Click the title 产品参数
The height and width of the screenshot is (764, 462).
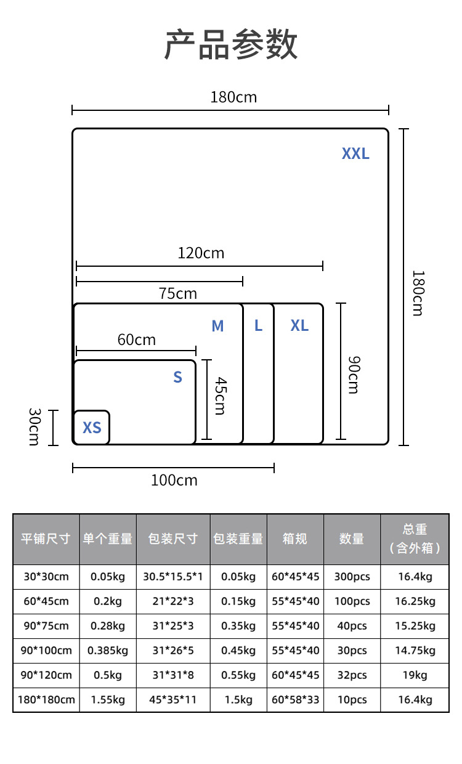(231, 44)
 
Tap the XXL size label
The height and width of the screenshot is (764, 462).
(355, 153)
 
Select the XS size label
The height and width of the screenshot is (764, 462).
(92, 427)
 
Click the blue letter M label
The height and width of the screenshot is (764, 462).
(217, 326)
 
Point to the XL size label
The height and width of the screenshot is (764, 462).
(299, 325)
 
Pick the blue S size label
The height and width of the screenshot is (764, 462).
(177, 377)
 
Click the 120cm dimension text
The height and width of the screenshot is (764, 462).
(201, 253)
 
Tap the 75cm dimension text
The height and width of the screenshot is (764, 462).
(177, 293)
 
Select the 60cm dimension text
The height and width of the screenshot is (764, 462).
(136, 339)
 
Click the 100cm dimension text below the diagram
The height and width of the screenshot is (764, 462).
(174, 480)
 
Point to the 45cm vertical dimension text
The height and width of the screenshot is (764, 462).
(219, 396)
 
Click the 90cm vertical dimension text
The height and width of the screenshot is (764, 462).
(352, 374)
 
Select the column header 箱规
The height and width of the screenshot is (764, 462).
(295, 538)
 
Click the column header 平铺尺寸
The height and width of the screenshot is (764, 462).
(46, 538)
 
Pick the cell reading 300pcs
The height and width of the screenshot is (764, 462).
(352, 577)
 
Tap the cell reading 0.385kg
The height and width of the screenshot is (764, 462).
(108, 650)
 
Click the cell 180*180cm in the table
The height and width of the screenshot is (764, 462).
(46, 699)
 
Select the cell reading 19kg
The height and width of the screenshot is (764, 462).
(415, 675)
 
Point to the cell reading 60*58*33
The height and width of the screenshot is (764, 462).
(296, 699)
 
